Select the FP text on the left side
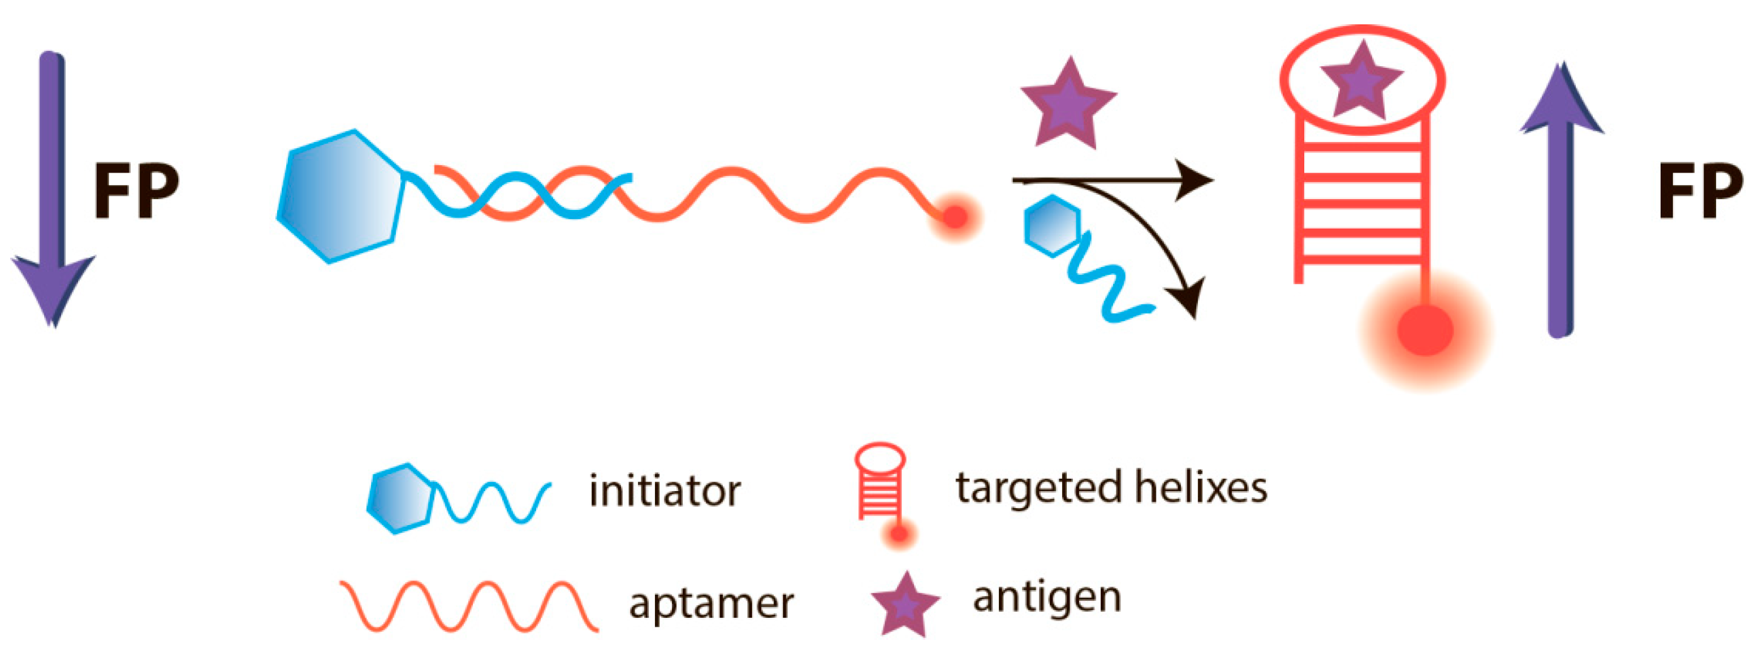coord(135,191)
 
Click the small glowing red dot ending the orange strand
coord(955,217)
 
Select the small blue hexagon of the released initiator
coord(1052,226)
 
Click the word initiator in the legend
coord(665,491)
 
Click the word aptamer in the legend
coord(711,604)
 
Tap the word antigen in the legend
coord(1047,598)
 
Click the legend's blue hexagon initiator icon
coord(400,498)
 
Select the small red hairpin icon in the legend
coord(881,488)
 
